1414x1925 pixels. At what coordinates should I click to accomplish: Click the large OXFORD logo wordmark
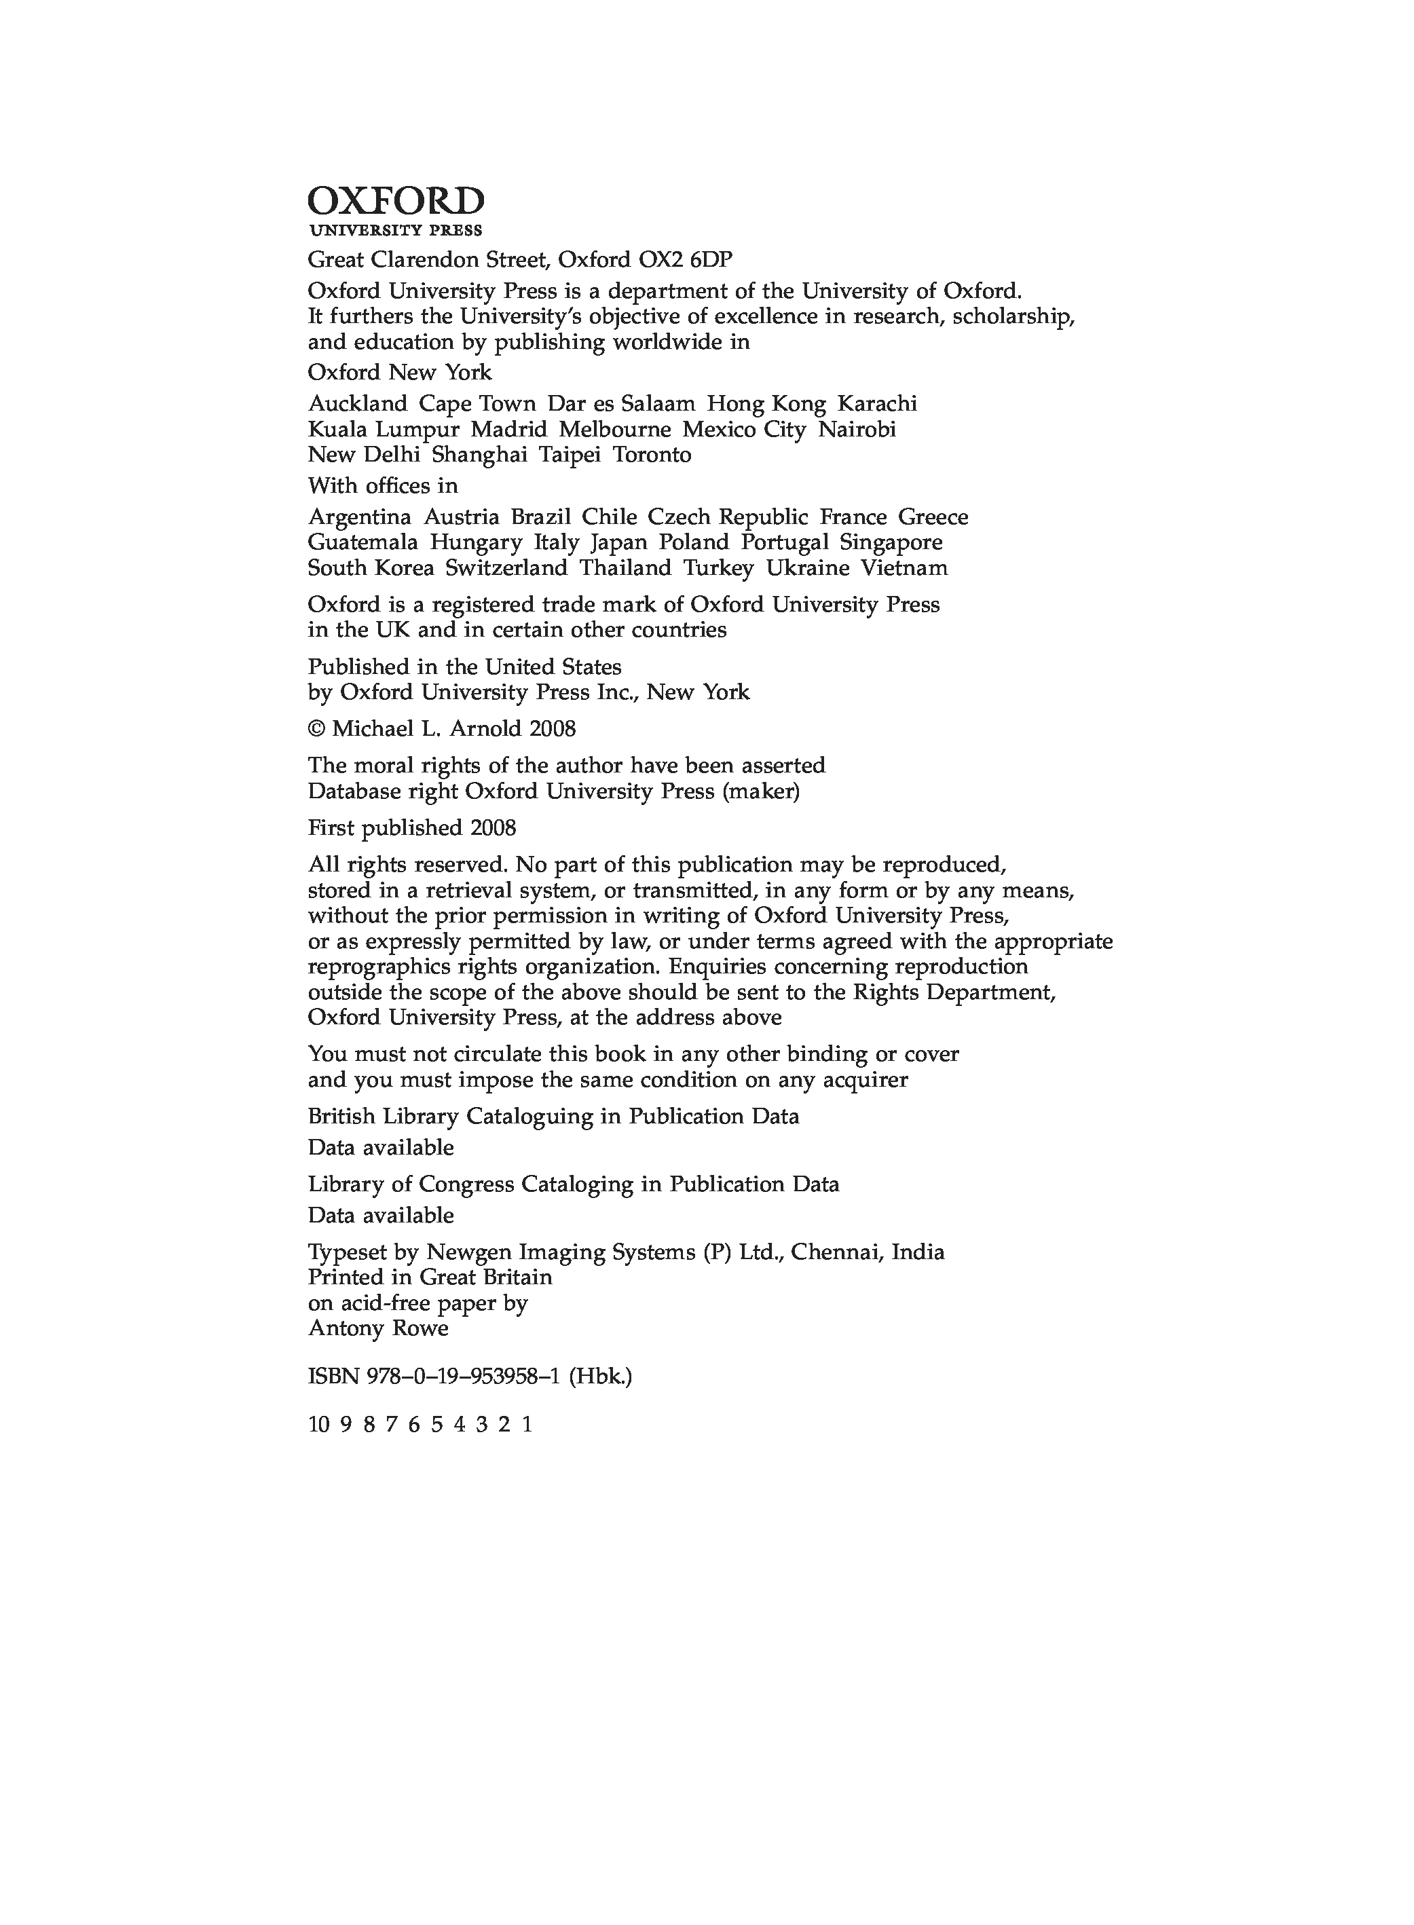(x=396, y=202)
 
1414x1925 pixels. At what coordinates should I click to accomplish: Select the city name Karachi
(x=876, y=403)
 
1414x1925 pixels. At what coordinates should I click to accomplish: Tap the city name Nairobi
(x=857, y=429)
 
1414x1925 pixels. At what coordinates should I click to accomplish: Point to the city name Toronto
(x=652, y=455)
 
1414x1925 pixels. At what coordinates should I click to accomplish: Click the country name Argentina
(x=360, y=517)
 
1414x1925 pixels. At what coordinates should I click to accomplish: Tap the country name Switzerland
(x=506, y=568)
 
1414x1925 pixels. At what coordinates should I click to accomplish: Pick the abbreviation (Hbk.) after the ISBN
(x=601, y=1377)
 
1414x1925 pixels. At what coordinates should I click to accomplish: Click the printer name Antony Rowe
(x=378, y=1328)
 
